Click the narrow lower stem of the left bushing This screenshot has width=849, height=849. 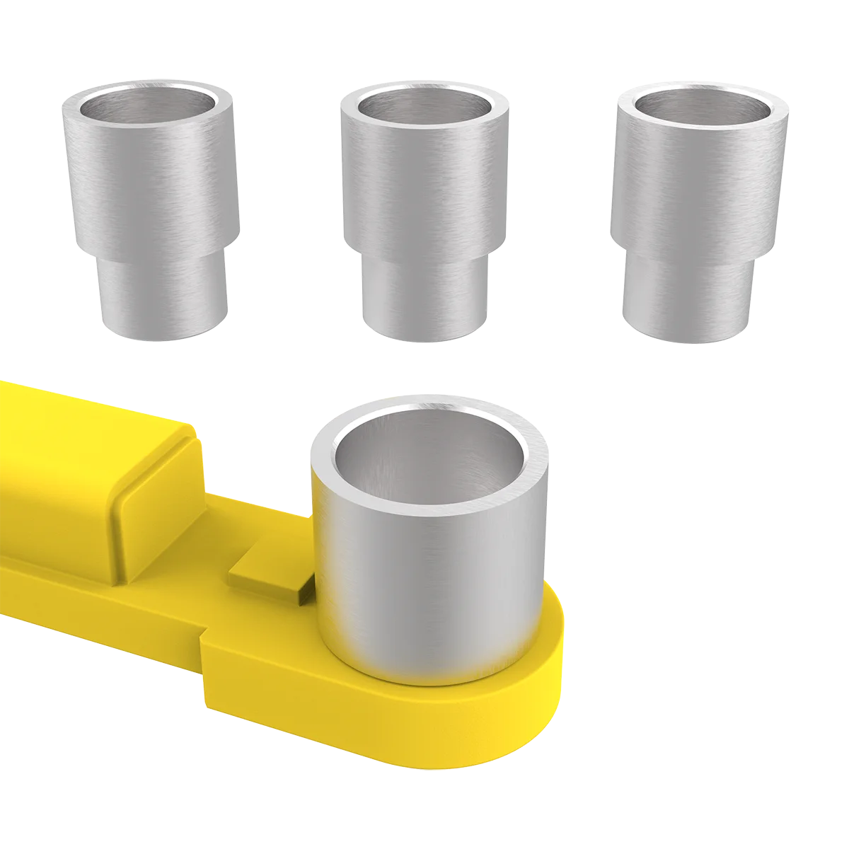163,297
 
